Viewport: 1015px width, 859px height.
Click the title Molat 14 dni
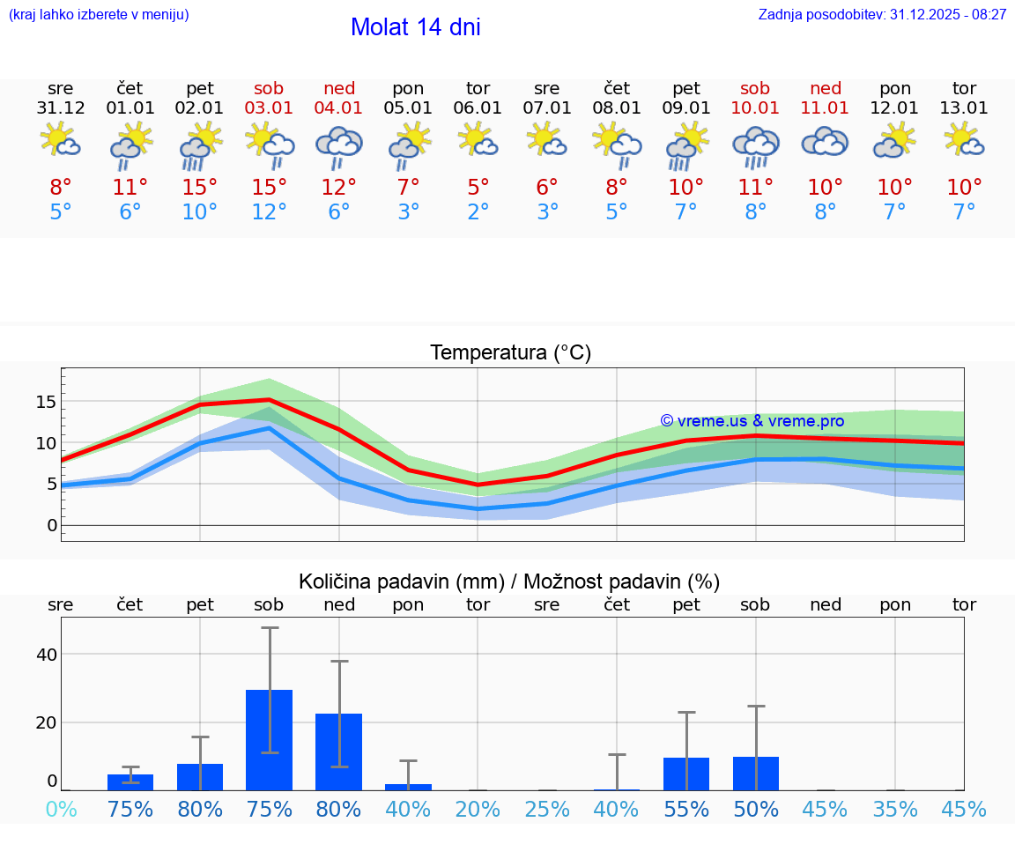[415, 27]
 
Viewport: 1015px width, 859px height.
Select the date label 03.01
[270, 108]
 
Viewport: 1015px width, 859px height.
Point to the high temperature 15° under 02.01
[200, 188]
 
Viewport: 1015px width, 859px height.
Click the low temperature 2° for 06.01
[478, 212]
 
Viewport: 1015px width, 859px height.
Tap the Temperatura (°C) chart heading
[510, 353]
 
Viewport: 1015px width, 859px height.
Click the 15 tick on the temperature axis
[46, 402]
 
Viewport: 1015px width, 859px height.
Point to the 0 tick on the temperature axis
[51, 526]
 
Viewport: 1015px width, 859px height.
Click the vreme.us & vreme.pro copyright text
[752, 421]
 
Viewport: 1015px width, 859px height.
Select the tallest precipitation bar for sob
[269, 740]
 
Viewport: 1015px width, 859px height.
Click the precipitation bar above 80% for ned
[339, 752]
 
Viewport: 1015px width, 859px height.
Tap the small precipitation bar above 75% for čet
[130, 782]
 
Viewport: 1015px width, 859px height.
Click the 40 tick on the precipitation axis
[46, 654]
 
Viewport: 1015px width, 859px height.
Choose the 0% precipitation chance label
[61, 810]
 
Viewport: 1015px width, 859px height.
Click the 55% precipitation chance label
[686, 810]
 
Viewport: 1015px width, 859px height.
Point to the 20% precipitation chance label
[478, 810]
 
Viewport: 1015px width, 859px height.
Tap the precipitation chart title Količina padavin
[509, 581]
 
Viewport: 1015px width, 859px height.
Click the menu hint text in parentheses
[99, 15]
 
